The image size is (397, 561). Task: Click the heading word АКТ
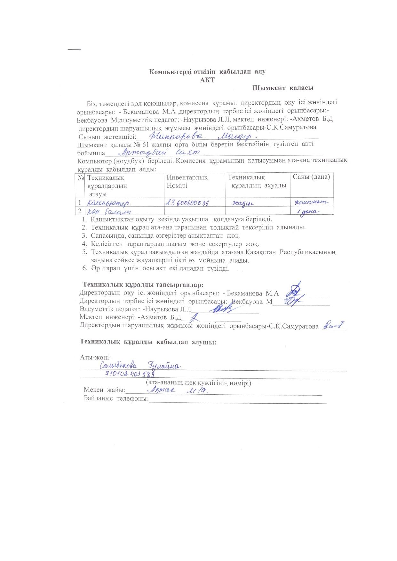pyautogui.click(x=207, y=80)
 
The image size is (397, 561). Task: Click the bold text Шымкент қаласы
pyautogui.click(x=282, y=88)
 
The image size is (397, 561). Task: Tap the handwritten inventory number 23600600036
pyautogui.click(x=187, y=202)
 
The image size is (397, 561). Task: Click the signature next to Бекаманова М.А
pyautogui.click(x=294, y=289)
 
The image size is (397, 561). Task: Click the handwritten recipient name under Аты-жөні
pyautogui.click(x=141, y=365)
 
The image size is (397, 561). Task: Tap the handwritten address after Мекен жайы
pyautogui.click(x=179, y=390)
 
